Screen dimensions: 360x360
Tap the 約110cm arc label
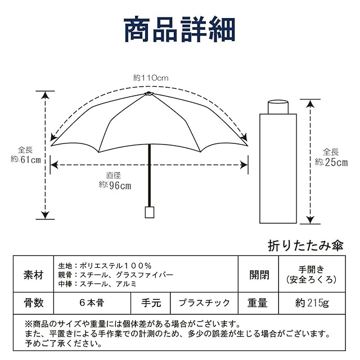(151, 78)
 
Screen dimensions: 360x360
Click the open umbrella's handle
(150, 212)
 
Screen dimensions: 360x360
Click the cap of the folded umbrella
(277, 107)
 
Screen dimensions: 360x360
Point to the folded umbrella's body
(277, 169)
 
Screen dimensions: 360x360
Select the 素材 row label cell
(34, 275)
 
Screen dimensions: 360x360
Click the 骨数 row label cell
(34, 303)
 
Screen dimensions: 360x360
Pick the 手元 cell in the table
(151, 303)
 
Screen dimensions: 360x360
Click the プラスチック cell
(204, 303)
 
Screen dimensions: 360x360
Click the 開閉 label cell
(259, 275)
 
